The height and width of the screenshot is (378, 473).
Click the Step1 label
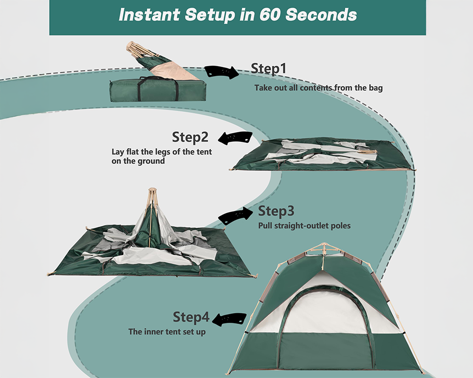269,69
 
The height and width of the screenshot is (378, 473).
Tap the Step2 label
190,137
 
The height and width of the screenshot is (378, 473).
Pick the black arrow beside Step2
235,138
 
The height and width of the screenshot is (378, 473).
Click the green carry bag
158,90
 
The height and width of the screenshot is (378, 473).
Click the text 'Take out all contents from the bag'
318,87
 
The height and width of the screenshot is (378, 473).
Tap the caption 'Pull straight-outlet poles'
304,225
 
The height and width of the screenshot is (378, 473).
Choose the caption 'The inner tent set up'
167,332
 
